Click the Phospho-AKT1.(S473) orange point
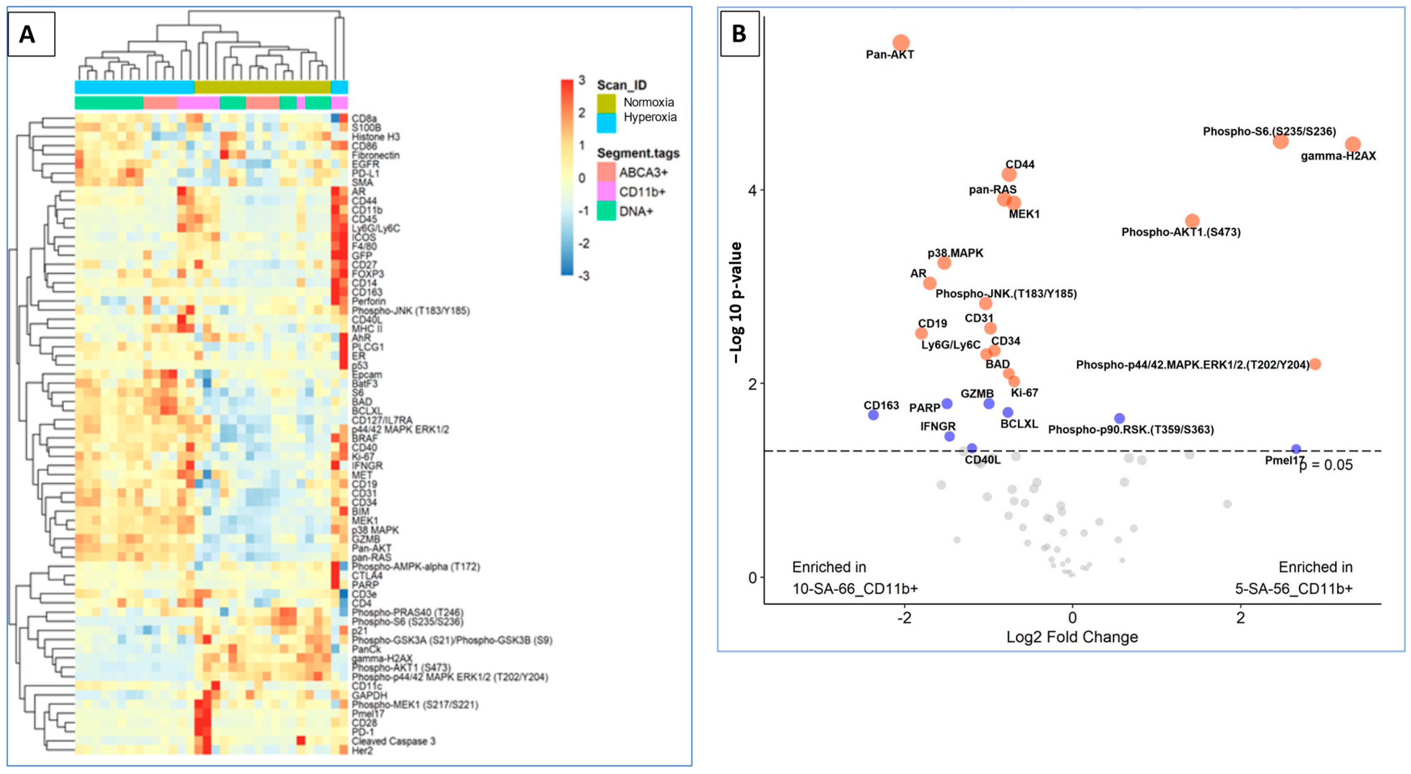click(x=1192, y=221)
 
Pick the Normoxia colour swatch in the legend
click(x=606, y=102)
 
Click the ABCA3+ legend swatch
click(x=606, y=172)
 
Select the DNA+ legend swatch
click(x=606, y=211)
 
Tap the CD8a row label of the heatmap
click(x=364, y=118)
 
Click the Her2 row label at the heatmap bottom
click(x=362, y=751)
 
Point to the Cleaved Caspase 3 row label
click(x=393, y=741)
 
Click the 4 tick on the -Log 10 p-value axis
click(x=753, y=190)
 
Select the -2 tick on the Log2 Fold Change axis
click(x=904, y=617)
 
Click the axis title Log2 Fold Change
click(x=1072, y=637)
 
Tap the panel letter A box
click(x=31, y=34)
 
